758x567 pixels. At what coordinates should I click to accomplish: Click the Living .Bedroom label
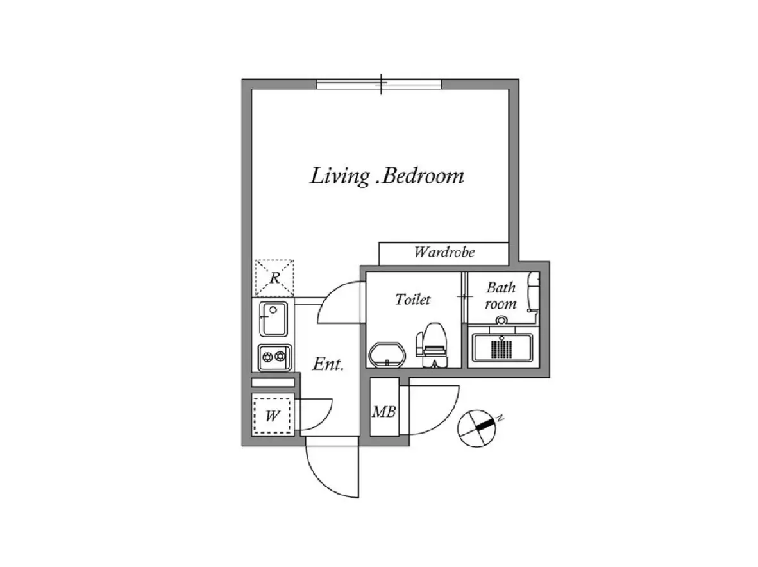coord(387,176)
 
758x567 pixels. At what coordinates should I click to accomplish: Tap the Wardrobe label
coord(444,252)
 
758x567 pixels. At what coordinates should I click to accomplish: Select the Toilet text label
coord(412,299)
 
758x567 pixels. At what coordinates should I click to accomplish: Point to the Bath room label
coord(501,295)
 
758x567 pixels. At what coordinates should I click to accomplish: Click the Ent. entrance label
coord(328,364)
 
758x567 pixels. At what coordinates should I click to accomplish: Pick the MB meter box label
coord(384,412)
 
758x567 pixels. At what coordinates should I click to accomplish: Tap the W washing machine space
coord(273,415)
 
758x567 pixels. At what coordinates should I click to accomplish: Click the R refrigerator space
coord(274,278)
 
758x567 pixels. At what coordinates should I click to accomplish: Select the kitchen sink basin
coord(274,319)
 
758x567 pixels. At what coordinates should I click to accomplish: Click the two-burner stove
coord(274,357)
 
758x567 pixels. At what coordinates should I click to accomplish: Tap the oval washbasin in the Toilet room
coord(387,355)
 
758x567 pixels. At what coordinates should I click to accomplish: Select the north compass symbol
coord(477,428)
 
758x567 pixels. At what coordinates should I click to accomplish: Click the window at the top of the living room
coord(380,84)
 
